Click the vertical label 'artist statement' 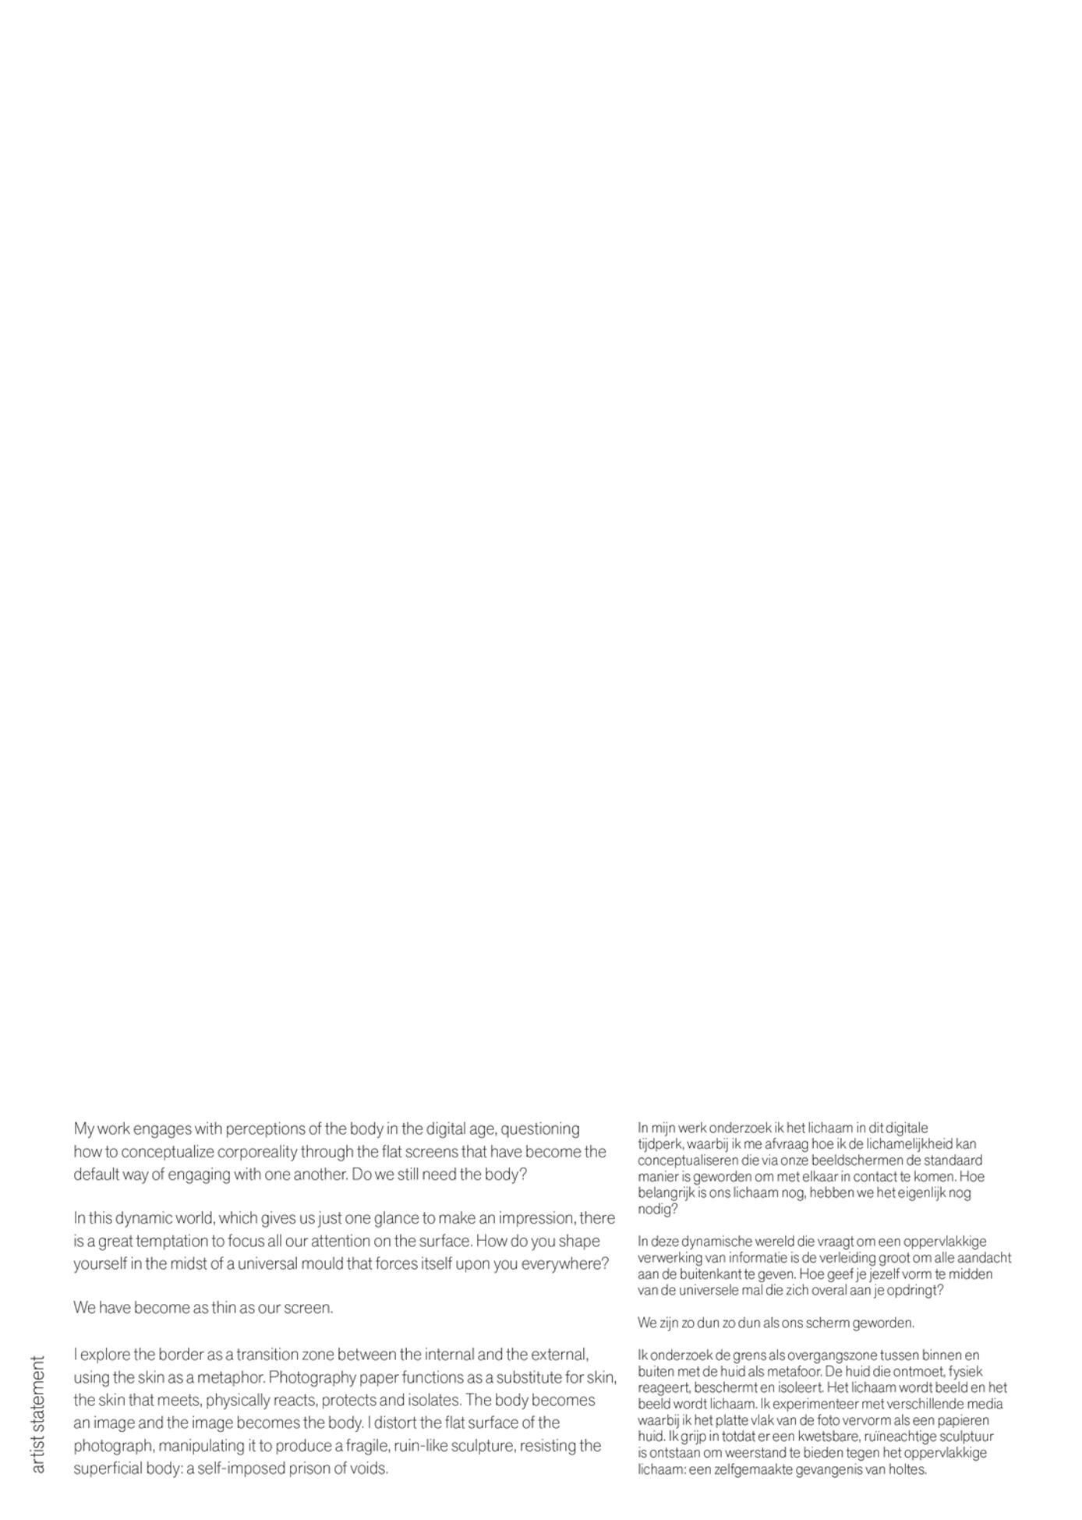pyautogui.click(x=37, y=1414)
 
